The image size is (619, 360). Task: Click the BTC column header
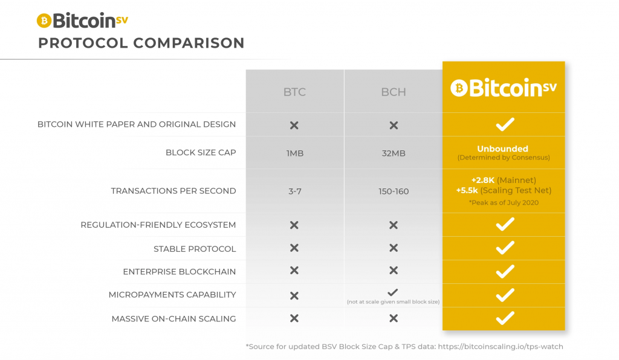pos(294,92)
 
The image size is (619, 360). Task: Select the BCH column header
pos(394,92)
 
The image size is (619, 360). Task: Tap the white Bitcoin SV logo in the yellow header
pos(504,88)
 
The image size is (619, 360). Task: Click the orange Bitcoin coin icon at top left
pos(44,21)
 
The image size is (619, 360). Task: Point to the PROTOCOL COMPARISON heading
pos(141,43)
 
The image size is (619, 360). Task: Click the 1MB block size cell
pos(294,153)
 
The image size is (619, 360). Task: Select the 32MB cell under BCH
pos(394,153)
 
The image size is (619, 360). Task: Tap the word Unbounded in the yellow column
pos(502,149)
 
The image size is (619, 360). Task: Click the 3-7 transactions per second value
pos(294,191)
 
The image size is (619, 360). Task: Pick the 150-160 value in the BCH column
pos(394,191)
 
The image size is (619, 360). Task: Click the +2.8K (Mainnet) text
pos(504,180)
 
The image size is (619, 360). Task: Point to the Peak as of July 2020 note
pos(504,203)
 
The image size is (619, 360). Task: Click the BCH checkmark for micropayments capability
pos(393,292)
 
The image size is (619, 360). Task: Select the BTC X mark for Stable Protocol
pos(294,248)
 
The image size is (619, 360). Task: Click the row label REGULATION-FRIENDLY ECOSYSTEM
pos(158,225)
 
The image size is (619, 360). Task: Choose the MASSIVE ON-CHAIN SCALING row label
pos(173,318)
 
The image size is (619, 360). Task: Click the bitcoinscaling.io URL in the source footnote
pos(501,347)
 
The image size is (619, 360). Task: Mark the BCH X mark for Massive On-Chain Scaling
pos(394,318)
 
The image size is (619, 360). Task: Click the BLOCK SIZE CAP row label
pos(201,153)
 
